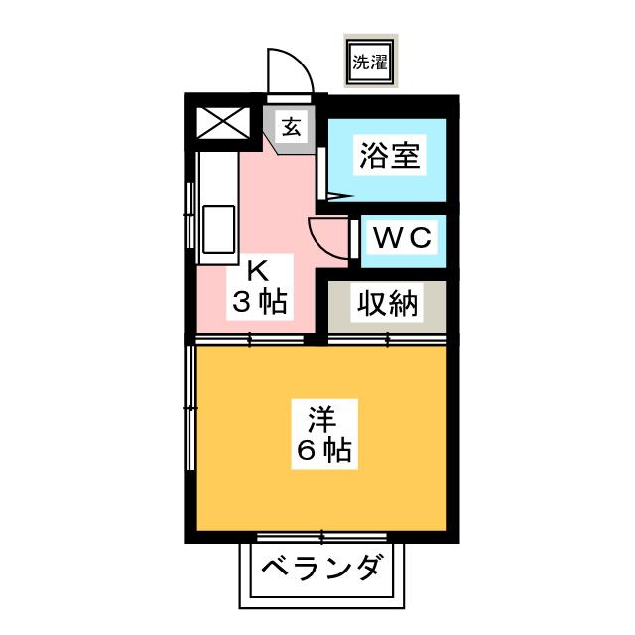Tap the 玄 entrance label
[x=291, y=126]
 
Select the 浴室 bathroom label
[x=389, y=156]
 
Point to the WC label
[x=401, y=237]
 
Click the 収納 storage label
[x=389, y=304]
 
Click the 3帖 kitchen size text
[x=259, y=303]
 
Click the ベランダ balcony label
[x=322, y=570]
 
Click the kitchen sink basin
[x=218, y=229]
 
